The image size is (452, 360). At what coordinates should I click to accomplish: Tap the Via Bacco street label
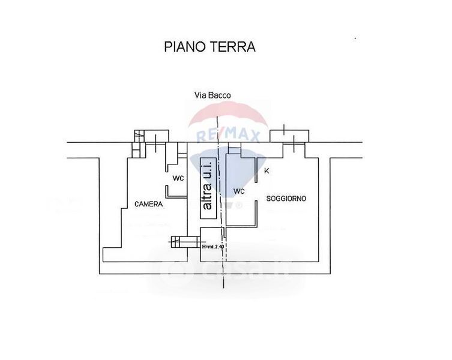coord(212,95)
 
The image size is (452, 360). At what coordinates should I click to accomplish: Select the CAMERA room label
coord(148,204)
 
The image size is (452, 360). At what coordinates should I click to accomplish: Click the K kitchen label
coord(267,171)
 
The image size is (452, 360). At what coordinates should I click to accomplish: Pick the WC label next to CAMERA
coord(178,179)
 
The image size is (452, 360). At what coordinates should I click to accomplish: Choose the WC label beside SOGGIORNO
coord(239,192)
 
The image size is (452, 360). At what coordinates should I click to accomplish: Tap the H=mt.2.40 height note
coord(213,247)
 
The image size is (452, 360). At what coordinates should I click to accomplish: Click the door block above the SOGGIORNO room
coord(290,136)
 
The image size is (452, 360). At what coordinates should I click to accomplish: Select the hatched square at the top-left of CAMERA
coord(139,136)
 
